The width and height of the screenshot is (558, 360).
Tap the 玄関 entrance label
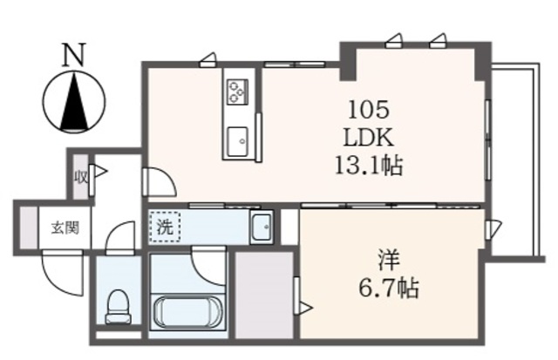64,228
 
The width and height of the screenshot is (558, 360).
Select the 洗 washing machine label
164,228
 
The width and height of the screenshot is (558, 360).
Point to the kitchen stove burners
237,91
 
